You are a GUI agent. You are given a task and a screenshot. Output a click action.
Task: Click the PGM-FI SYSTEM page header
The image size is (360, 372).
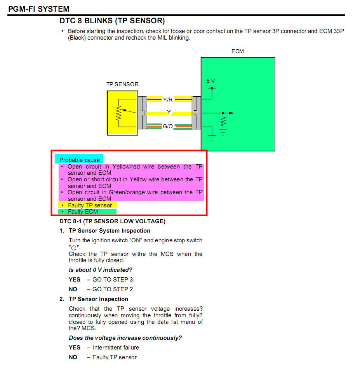[38, 9]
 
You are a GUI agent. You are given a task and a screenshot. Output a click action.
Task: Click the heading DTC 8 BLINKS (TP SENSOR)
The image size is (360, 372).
[112, 21]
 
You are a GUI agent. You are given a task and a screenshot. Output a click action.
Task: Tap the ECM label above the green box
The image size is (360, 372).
[237, 51]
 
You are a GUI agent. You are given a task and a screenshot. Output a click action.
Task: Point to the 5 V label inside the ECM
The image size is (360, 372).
[210, 81]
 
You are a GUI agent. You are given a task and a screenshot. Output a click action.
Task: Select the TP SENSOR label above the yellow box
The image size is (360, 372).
[122, 84]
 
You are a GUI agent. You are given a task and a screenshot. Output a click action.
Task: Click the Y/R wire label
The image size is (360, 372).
[168, 100]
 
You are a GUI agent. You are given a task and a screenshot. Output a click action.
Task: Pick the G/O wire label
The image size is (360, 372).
[168, 127]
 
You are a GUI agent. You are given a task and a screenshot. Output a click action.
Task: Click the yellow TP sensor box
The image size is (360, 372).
[122, 113]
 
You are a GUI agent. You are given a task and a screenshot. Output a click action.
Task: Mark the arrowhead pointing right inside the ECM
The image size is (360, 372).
[231, 113]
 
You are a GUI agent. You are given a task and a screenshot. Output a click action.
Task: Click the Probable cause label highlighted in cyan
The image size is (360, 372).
[79, 160]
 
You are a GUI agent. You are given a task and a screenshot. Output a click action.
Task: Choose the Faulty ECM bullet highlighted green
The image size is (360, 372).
[83, 212]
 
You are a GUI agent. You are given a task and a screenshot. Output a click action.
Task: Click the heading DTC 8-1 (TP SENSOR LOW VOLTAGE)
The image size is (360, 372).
[112, 221]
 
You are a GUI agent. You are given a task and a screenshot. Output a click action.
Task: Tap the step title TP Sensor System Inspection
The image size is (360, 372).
[109, 231]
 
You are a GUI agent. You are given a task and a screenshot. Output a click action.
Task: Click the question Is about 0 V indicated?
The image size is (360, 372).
[100, 270]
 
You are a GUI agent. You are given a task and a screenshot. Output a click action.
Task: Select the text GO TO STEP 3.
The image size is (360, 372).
[113, 280]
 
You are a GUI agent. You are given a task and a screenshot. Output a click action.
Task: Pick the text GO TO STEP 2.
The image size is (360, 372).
[113, 289]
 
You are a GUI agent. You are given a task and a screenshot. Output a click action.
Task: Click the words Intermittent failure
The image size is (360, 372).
[115, 348]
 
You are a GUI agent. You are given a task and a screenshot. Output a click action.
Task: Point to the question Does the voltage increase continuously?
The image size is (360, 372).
[125, 338]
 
